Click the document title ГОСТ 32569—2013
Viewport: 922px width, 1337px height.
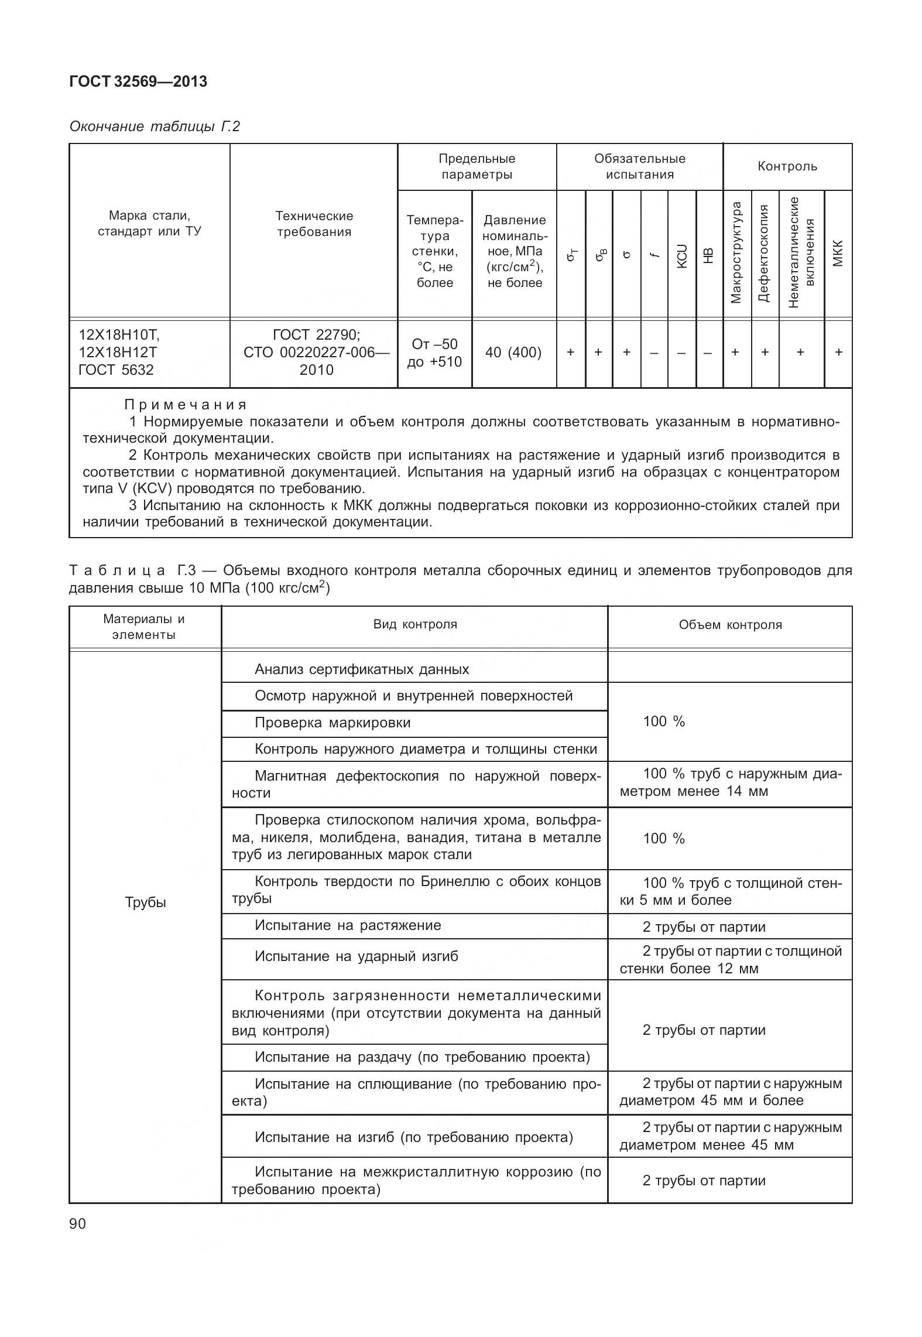tap(138, 81)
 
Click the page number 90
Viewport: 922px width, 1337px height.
tap(77, 1223)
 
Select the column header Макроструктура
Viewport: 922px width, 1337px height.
tap(736, 253)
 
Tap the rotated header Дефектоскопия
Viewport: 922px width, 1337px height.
tap(763, 253)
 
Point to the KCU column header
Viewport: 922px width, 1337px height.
tap(681, 256)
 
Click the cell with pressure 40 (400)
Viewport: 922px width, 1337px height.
tap(513, 353)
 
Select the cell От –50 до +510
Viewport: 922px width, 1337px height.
tap(434, 353)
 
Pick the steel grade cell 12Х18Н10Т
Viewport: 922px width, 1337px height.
tap(119, 335)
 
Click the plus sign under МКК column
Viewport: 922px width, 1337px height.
tap(838, 352)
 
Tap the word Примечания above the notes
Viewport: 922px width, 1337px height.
tap(186, 405)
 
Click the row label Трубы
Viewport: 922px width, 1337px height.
tap(145, 902)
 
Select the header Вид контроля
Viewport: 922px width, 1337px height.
tap(415, 624)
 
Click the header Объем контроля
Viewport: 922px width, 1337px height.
tap(730, 625)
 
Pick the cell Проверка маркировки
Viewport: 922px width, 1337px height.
tap(333, 723)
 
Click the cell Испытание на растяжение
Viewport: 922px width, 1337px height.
tap(348, 925)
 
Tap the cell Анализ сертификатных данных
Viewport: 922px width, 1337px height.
tap(362, 669)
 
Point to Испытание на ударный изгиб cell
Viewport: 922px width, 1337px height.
tap(356, 956)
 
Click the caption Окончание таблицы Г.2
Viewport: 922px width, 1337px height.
tap(155, 126)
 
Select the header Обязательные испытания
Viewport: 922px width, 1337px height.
tap(639, 166)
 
